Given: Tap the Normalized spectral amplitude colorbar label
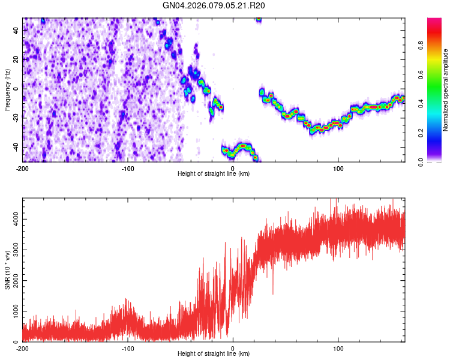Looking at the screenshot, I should point(446,89).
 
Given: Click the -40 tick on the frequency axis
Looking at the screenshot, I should point(15,147).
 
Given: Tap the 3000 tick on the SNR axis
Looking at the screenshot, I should point(13,250).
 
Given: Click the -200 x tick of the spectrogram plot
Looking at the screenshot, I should point(23,167).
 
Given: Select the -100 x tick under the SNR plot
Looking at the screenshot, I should point(127,348).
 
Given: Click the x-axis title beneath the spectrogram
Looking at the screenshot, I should point(214,173).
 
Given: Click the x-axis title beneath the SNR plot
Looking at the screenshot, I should point(214,354).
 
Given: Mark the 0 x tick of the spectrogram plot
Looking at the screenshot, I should point(233,167).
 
